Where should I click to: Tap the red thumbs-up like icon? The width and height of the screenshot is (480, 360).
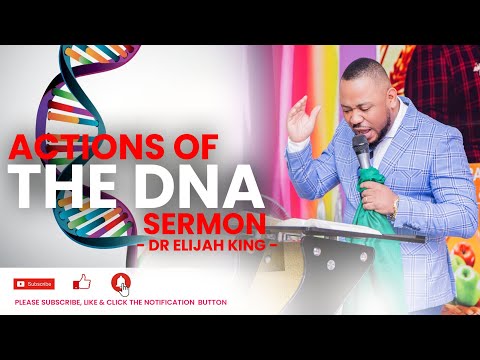point(82,282)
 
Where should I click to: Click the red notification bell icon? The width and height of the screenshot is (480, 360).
point(122,282)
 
